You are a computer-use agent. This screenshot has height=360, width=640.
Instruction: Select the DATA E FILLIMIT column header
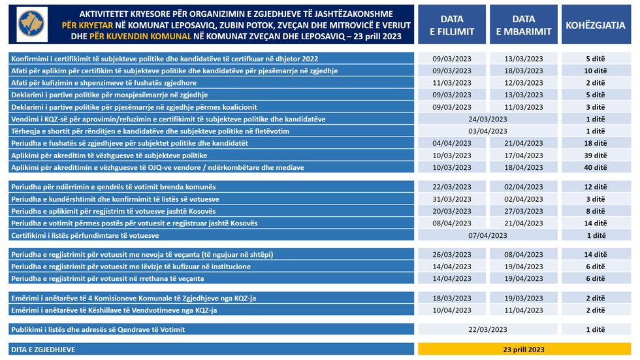pyautogui.click(x=452, y=25)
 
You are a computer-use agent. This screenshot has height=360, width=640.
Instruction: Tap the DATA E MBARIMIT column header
pyautogui.click(x=523, y=25)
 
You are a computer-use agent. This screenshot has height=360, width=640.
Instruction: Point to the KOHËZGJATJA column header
pyautogui.click(x=596, y=25)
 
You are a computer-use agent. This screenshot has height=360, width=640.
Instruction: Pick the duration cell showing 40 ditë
pyautogui.click(x=596, y=168)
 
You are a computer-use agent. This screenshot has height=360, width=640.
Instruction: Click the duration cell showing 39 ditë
pyautogui.click(x=596, y=155)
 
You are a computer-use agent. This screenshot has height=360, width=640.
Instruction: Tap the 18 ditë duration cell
pyautogui.click(x=596, y=143)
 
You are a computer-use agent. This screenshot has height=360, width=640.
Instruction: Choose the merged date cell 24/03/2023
pyautogui.click(x=488, y=119)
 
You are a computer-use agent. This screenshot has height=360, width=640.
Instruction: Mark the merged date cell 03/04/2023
pyautogui.click(x=488, y=131)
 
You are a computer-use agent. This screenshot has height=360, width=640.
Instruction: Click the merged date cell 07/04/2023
pyautogui.click(x=488, y=235)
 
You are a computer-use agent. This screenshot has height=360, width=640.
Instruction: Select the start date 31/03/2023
pyautogui.click(x=452, y=199)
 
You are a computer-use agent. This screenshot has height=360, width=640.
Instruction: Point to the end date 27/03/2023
pyautogui.click(x=523, y=211)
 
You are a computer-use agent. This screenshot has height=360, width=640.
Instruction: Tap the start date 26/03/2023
pyautogui.click(x=452, y=254)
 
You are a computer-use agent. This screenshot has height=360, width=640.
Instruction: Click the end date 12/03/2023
pyautogui.click(x=523, y=83)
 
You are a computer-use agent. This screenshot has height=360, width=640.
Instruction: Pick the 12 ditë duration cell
pyautogui.click(x=596, y=187)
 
